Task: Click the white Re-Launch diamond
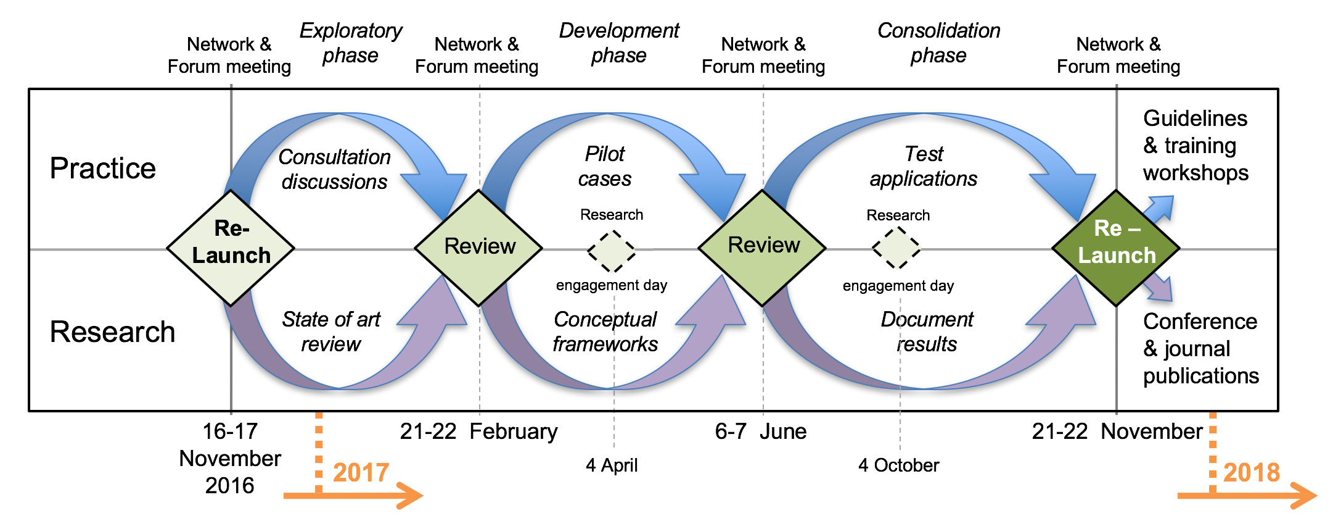tap(231, 248)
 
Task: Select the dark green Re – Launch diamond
tap(1116, 248)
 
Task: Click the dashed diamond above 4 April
tap(612, 251)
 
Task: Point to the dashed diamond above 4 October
tap(897, 248)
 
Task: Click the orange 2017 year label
tap(361, 473)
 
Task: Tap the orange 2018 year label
tap(1251, 473)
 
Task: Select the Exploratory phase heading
tap(350, 43)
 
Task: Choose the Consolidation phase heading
tap(938, 43)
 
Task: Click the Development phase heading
tap(618, 43)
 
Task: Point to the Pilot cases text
tap(605, 166)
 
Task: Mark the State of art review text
tap(331, 331)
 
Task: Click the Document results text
tap(927, 331)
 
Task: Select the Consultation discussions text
tap(334, 169)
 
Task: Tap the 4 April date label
tap(612, 465)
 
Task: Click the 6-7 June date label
tap(761, 431)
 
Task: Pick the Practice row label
tap(103, 169)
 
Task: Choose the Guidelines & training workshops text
tap(1196, 146)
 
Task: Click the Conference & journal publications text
tap(1200, 349)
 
